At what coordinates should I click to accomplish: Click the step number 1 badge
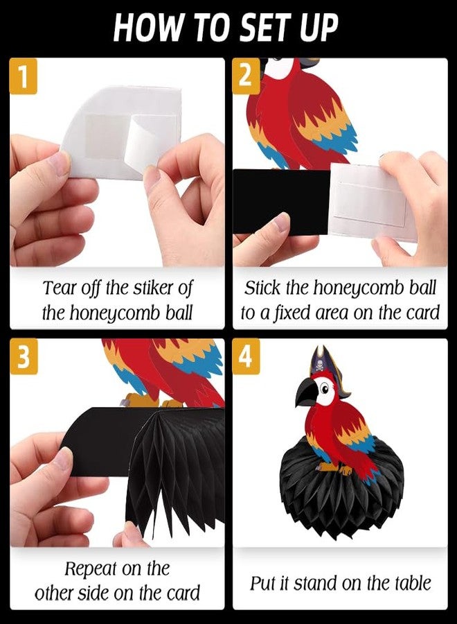click(24, 76)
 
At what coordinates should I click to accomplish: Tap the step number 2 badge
click(247, 76)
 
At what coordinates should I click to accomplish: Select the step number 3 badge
click(24, 356)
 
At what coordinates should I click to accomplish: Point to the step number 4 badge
click(247, 356)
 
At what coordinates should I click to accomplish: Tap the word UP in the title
click(319, 26)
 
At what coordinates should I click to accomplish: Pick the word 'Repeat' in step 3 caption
click(90, 569)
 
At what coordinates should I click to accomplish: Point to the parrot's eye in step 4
click(325, 386)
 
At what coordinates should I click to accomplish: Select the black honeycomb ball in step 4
click(342, 482)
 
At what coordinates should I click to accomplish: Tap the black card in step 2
click(281, 201)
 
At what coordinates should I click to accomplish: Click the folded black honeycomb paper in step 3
click(176, 466)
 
